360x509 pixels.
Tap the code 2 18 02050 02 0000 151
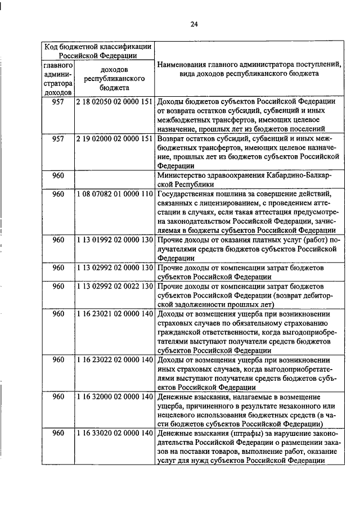(x=114, y=101)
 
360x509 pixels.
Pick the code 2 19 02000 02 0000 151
(x=114, y=138)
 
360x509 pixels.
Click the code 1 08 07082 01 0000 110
(x=114, y=194)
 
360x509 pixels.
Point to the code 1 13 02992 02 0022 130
(x=114, y=286)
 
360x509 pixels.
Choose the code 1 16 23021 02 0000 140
(x=114, y=313)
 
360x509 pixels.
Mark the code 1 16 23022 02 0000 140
(x=114, y=359)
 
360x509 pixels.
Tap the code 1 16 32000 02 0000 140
(x=114, y=397)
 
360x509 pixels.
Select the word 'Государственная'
(x=189, y=194)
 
